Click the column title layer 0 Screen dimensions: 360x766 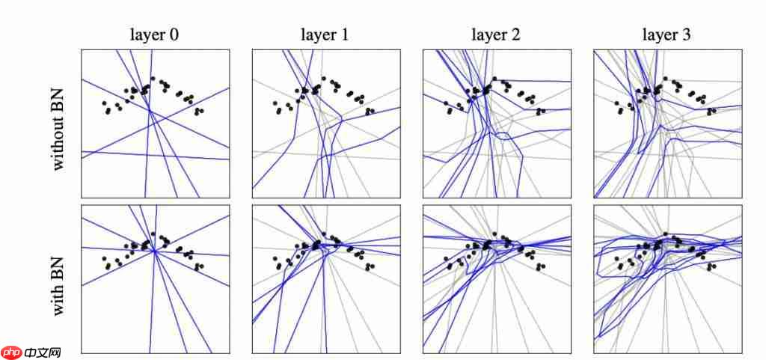click(154, 34)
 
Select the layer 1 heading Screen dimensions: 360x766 click(325, 34)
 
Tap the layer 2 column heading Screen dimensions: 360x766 click(495, 34)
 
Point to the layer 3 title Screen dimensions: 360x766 click(667, 34)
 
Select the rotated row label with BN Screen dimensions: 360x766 click(60, 278)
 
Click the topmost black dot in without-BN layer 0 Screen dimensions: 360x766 click(153, 78)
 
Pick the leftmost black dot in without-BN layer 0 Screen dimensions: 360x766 click(104, 103)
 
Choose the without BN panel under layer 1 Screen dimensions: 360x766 click(325, 123)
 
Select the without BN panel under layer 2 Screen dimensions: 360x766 click(496, 123)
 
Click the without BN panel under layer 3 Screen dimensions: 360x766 click(667, 123)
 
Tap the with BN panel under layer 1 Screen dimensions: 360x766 click(325, 278)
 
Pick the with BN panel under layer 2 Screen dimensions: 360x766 click(496, 278)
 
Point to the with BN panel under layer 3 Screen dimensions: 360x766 click(667, 278)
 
